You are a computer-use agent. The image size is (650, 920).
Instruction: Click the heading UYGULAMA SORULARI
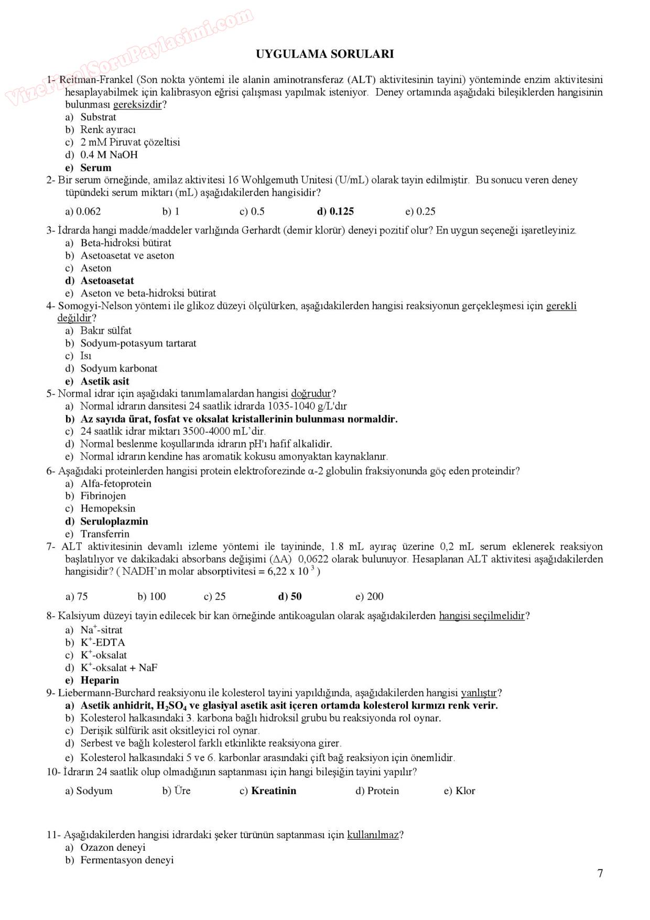coord(324,54)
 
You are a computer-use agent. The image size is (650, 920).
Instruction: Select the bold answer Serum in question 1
coord(95,168)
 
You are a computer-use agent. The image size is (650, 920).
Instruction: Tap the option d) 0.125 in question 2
coord(335,211)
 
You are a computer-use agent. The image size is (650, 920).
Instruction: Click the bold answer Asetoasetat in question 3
coord(107,281)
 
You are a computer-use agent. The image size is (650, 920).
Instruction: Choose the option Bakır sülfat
coord(105,330)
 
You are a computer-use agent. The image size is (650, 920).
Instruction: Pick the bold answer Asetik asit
coord(104,381)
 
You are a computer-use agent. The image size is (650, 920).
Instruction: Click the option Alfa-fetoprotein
coord(115,484)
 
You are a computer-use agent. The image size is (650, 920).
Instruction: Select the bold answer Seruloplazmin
coord(114,521)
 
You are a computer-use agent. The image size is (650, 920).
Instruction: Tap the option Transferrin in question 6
coord(104,534)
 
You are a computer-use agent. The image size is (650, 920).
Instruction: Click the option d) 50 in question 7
coord(290,596)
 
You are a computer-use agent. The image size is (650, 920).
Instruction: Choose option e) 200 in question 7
coord(370,596)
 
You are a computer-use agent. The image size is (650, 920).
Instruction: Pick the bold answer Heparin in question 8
coord(100,680)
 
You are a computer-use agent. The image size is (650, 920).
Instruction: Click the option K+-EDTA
coord(102,643)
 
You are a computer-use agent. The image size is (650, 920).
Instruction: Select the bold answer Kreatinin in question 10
coord(273,791)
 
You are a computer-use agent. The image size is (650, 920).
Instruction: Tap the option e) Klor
coord(459,791)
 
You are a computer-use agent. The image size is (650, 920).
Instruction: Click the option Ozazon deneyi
coord(113,848)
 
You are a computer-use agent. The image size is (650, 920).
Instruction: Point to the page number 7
coord(600,873)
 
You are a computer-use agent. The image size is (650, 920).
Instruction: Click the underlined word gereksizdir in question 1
coord(138,104)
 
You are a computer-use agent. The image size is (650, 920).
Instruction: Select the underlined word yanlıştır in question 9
coord(479,693)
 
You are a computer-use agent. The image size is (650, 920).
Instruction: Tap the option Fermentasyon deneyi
coord(126,860)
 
